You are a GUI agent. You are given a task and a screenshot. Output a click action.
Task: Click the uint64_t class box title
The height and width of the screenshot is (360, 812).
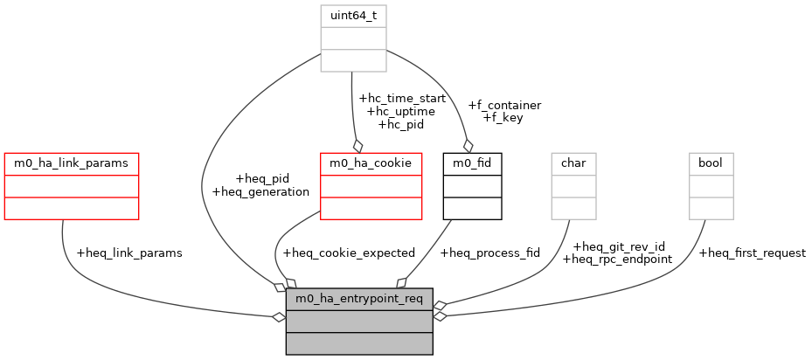(353, 17)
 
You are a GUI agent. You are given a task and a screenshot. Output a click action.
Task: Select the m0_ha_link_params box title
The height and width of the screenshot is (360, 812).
(72, 163)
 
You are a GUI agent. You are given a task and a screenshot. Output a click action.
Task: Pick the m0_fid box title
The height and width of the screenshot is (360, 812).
(473, 163)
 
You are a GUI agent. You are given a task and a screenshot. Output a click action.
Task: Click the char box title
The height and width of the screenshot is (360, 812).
(573, 163)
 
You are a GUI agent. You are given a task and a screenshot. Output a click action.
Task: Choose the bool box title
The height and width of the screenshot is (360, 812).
(711, 163)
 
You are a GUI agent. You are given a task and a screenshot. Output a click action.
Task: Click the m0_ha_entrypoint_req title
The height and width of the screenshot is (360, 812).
(359, 299)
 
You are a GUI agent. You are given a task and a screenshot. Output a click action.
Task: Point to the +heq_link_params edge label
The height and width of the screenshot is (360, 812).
(129, 253)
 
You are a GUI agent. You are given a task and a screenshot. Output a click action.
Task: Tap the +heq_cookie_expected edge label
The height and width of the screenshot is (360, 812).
(349, 253)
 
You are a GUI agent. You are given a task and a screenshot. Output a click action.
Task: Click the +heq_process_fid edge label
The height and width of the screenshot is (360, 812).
(490, 253)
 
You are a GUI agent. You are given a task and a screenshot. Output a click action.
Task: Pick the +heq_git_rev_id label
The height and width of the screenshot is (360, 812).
(617, 246)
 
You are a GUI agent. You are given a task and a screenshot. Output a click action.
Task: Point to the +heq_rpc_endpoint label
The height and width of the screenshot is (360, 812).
(617, 259)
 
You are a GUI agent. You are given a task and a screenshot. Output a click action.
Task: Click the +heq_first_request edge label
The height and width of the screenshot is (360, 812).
(752, 253)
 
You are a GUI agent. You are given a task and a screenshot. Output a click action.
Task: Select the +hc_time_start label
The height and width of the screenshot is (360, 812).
(402, 99)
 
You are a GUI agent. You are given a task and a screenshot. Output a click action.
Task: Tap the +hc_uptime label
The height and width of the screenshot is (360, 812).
(401, 112)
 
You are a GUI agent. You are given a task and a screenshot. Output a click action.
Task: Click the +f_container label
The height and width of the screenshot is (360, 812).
(504, 105)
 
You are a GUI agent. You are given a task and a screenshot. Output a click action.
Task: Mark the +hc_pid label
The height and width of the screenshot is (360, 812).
(401, 124)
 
